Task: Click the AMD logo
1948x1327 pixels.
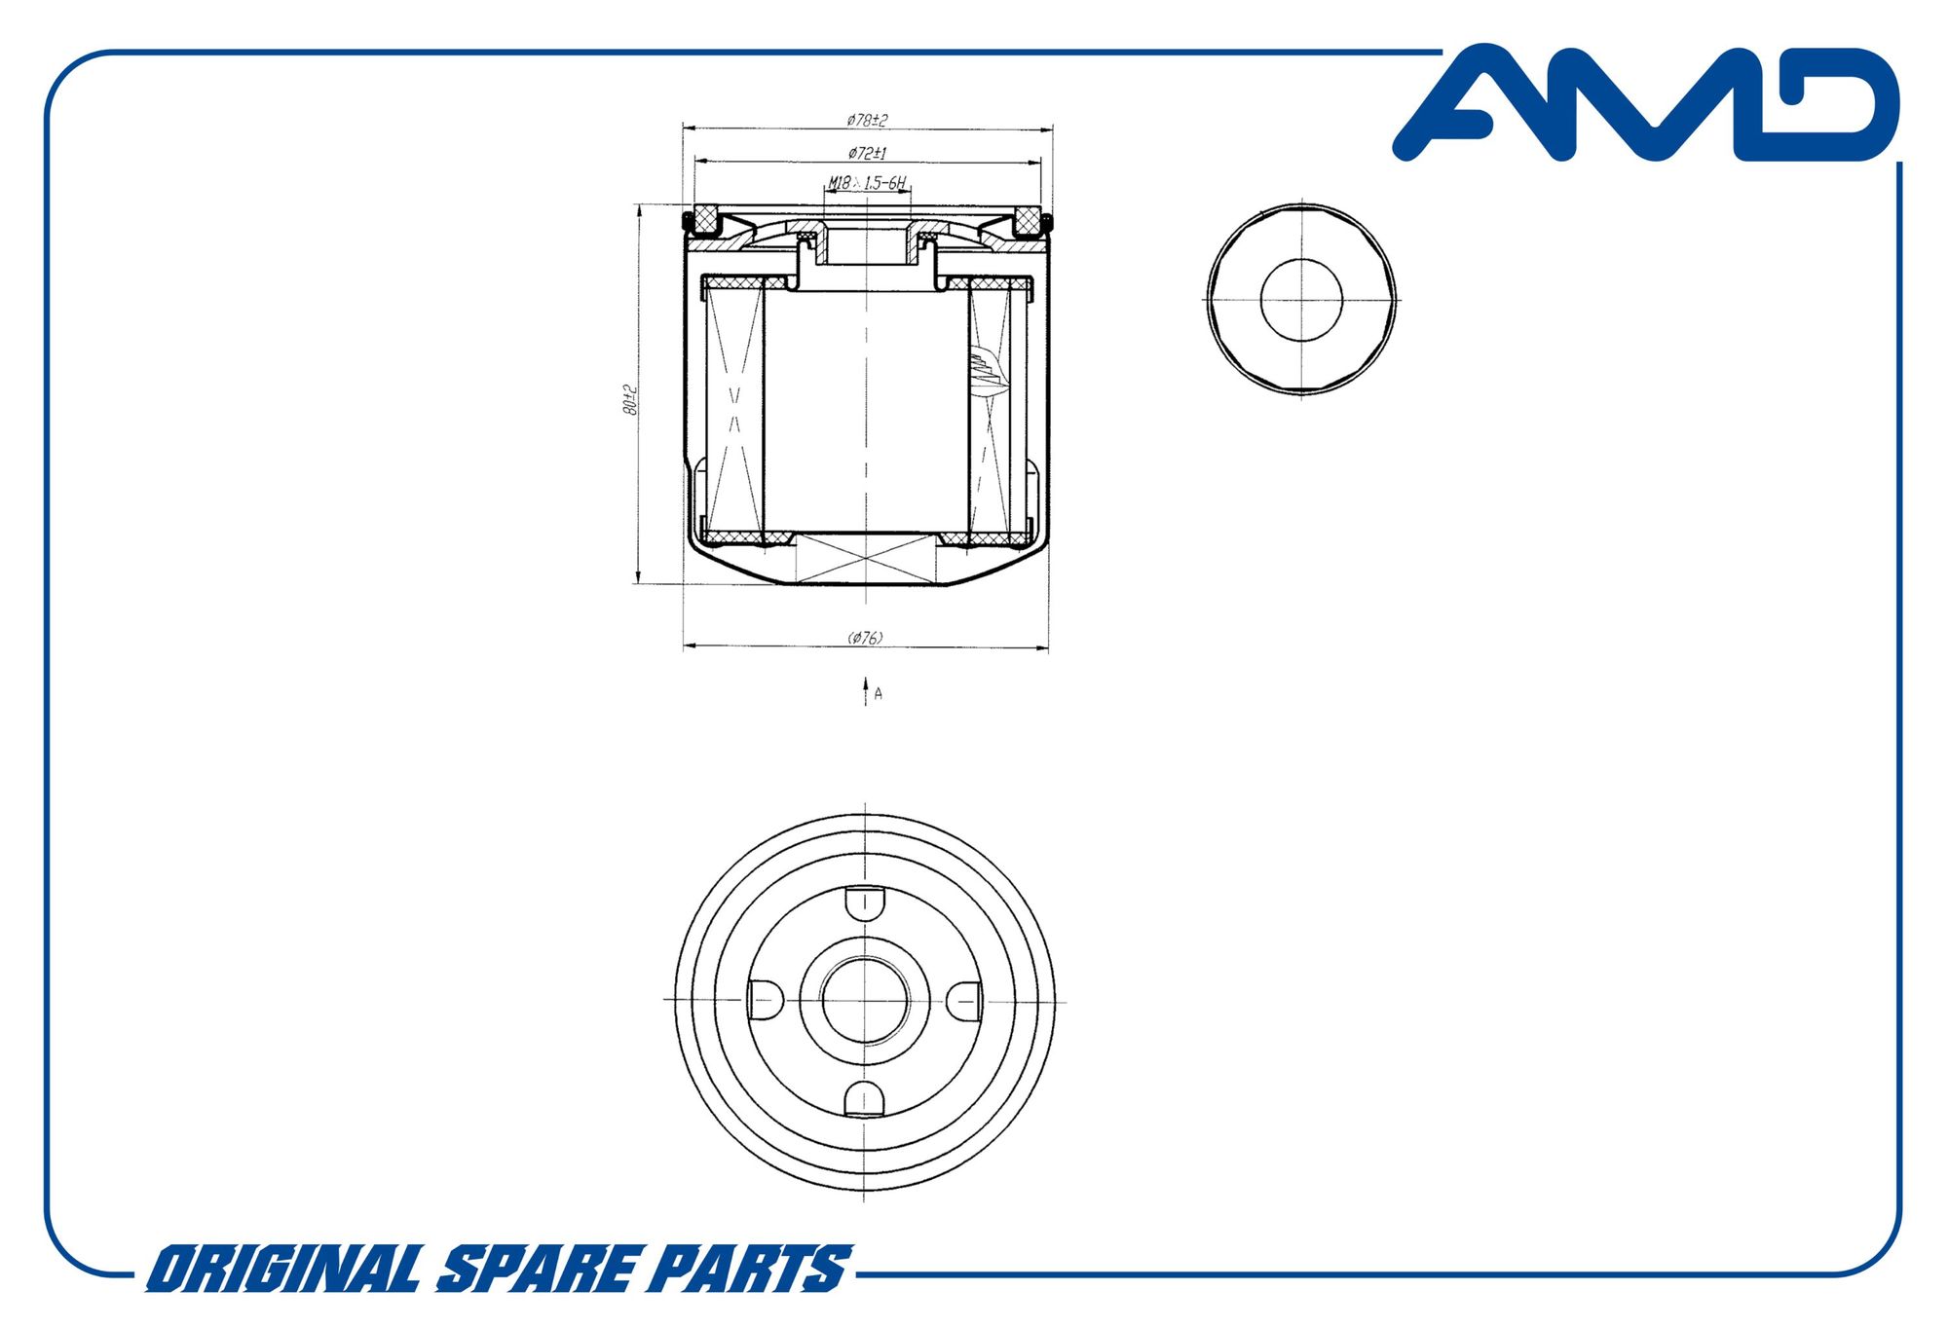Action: coord(1646,102)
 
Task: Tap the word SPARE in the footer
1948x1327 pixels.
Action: coord(535,1269)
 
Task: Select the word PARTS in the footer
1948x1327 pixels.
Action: coord(749,1269)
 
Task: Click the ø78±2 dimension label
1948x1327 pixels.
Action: coord(867,120)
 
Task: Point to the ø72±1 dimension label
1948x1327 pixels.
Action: coord(867,153)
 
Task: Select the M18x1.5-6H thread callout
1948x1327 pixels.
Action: coord(867,182)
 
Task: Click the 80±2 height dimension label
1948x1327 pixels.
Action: coord(629,400)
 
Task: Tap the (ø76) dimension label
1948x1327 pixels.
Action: coord(866,638)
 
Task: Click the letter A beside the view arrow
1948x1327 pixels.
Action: coord(879,693)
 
